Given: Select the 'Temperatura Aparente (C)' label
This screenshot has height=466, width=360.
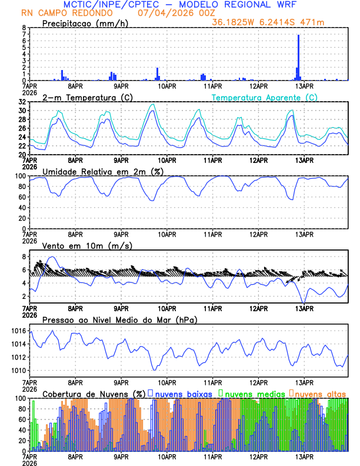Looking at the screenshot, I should [265, 97].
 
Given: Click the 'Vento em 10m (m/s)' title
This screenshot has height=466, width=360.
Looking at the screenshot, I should [79, 245].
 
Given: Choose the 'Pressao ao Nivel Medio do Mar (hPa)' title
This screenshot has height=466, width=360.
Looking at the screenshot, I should [119, 319].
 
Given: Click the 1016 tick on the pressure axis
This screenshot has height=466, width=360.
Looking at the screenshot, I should [18, 331].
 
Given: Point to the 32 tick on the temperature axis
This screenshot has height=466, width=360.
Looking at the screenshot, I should [21, 102].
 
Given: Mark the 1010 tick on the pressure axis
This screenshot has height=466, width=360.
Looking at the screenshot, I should [18, 370].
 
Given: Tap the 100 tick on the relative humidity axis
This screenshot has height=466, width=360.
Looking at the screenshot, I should [19, 176].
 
